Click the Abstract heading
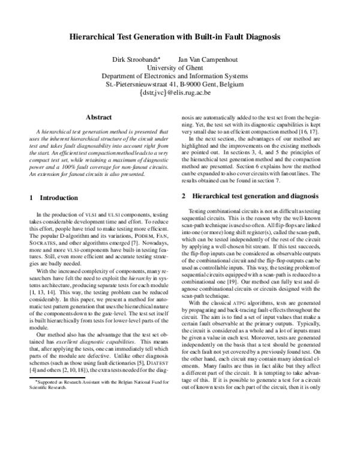pyautogui.click(x=100, y=117)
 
